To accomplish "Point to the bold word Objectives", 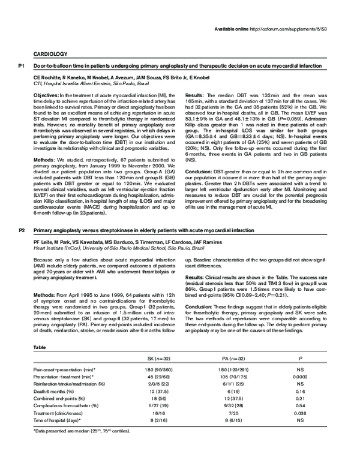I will click(46, 95).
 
